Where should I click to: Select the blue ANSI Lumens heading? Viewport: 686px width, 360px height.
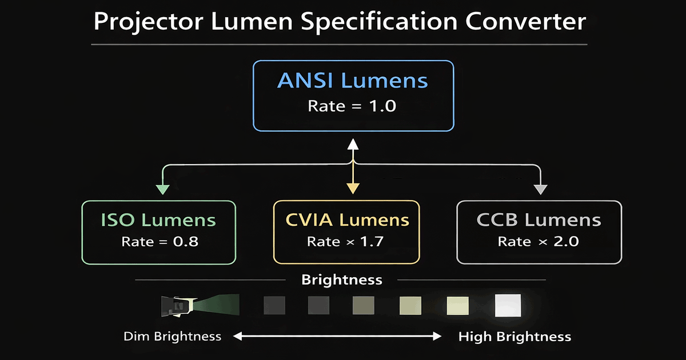click(x=353, y=81)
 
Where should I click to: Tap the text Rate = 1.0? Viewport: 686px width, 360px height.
click(x=353, y=106)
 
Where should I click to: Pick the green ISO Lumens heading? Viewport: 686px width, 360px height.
click(x=159, y=220)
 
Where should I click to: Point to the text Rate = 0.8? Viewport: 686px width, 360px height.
click(x=159, y=242)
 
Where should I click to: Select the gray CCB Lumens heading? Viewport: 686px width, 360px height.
click(x=539, y=220)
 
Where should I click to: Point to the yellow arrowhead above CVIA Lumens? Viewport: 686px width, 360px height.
click(x=353, y=189)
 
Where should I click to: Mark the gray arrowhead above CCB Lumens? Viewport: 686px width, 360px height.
click(x=540, y=189)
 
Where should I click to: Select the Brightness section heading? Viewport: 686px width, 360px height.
click(x=341, y=280)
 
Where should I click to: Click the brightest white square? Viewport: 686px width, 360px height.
click(x=508, y=305)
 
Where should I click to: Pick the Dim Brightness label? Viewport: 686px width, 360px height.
click(x=172, y=336)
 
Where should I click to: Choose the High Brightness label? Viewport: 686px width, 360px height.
click(x=514, y=336)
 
